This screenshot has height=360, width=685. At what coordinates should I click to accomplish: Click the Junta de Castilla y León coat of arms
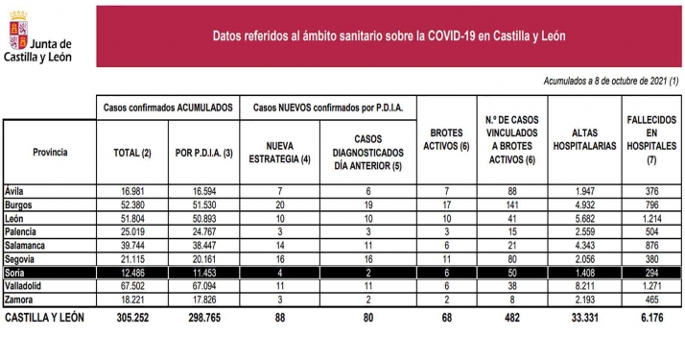click(x=17, y=27)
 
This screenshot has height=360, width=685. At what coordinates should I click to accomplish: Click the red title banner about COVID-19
click(x=389, y=37)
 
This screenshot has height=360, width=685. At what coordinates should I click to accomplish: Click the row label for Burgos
click(x=18, y=204)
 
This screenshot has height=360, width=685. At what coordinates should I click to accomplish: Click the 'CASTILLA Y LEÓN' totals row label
click(x=45, y=314)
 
